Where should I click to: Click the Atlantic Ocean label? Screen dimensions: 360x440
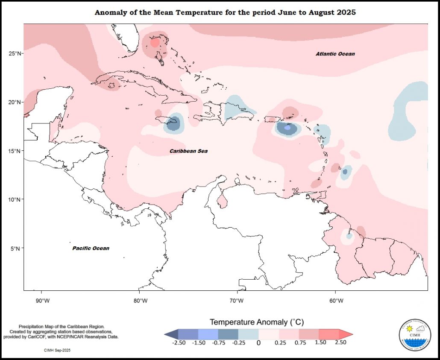(x=335, y=54)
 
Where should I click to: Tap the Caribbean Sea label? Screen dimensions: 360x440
(x=188, y=151)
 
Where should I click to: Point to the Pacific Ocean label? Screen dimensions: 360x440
(x=91, y=248)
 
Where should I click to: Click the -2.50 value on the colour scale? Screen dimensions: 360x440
(x=179, y=342)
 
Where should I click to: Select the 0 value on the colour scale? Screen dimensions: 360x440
(x=258, y=342)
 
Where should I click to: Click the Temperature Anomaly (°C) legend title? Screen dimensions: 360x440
(x=256, y=322)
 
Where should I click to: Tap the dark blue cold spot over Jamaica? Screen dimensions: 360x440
(x=173, y=123)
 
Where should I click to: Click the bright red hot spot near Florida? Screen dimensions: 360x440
(x=155, y=42)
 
